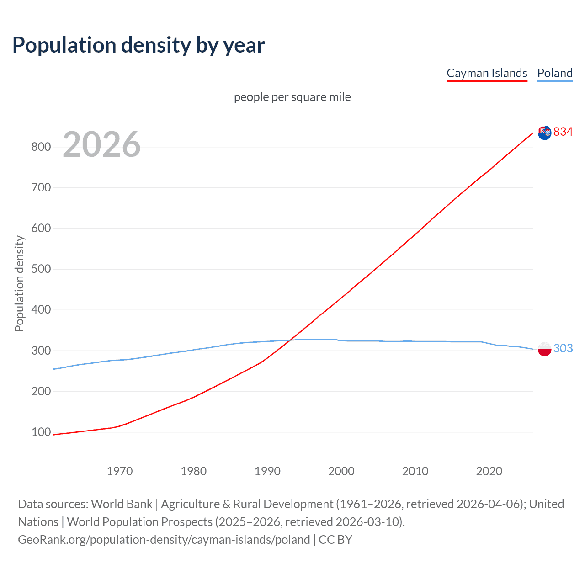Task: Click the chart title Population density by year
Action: pyautogui.click(x=138, y=45)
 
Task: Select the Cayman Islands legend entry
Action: pyautogui.click(x=487, y=73)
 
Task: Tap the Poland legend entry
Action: pyautogui.click(x=555, y=73)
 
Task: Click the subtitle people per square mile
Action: pyautogui.click(x=292, y=97)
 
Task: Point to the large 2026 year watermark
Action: pyautogui.click(x=101, y=144)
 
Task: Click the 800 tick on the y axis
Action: pyautogui.click(x=41, y=147)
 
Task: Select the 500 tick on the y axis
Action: pyautogui.click(x=41, y=269)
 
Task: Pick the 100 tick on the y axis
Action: pyautogui.click(x=41, y=432)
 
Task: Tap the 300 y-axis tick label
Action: pyautogui.click(x=41, y=351)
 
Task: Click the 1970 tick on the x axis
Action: pyautogui.click(x=120, y=471)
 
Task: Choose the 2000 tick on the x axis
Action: pyautogui.click(x=341, y=471)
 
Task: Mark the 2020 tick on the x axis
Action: pyautogui.click(x=489, y=471)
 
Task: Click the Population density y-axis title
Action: pyautogui.click(x=19, y=283)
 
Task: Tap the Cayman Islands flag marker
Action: pyautogui.click(x=544, y=133)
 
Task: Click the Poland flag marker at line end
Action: pyautogui.click(x=544, y=349)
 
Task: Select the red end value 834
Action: pyautogui.click(x=563, y=132)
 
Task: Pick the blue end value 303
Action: pyautogui.click(x=563, y=348)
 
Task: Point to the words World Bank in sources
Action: pyautogui.click(x=122, y=504)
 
